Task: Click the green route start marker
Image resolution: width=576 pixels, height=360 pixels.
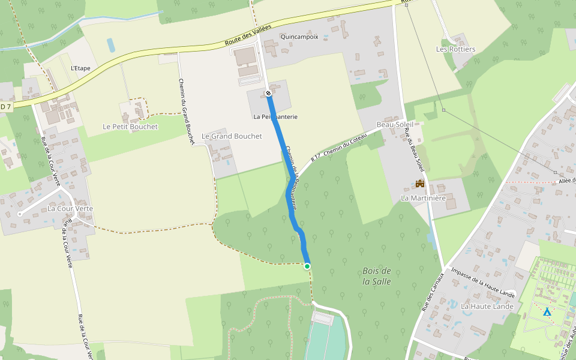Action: coord(307,266)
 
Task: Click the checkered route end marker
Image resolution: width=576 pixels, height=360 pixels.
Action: coord(268,93)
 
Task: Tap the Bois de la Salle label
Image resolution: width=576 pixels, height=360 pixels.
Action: coord(377,276)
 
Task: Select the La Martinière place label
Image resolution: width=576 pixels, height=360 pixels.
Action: coord(423,198)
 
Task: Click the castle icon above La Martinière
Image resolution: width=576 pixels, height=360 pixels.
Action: coord(420,184)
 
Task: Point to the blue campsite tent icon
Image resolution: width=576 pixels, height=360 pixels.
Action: coord(547,312)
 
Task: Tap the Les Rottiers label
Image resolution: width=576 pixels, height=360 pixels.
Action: coord(455,49)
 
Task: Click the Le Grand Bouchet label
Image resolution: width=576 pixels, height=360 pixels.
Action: coord(232,136)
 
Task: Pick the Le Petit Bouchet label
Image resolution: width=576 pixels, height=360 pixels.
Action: coord(130,127)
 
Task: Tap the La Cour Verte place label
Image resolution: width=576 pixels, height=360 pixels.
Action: coord(70,209)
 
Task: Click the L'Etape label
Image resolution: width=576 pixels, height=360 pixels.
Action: coord(80,68)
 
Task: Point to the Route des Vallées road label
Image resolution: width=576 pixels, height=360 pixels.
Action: coord(248,35)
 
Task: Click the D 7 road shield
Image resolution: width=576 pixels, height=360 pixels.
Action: coord(5,106)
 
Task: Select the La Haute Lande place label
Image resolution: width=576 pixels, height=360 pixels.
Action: coord(487,306)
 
